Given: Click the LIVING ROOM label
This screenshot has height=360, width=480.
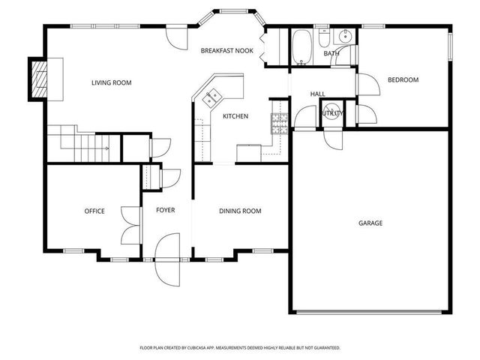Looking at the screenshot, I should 111,82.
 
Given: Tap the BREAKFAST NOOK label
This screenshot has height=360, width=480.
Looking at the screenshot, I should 226,51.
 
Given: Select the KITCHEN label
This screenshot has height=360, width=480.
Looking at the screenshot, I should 235,116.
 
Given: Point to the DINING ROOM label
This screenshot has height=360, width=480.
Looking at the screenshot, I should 240,211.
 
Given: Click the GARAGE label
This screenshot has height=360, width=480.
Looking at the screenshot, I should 370,223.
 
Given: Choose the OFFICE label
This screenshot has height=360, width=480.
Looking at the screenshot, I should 94,211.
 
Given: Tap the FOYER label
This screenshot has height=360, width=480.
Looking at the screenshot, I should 165,211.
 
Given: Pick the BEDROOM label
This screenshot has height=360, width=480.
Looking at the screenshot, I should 403,80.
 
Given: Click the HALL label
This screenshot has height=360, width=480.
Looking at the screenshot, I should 318,94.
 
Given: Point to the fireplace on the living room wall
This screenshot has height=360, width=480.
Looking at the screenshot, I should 37,78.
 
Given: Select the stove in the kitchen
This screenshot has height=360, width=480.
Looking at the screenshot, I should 280,122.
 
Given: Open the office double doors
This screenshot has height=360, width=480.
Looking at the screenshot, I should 131,225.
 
